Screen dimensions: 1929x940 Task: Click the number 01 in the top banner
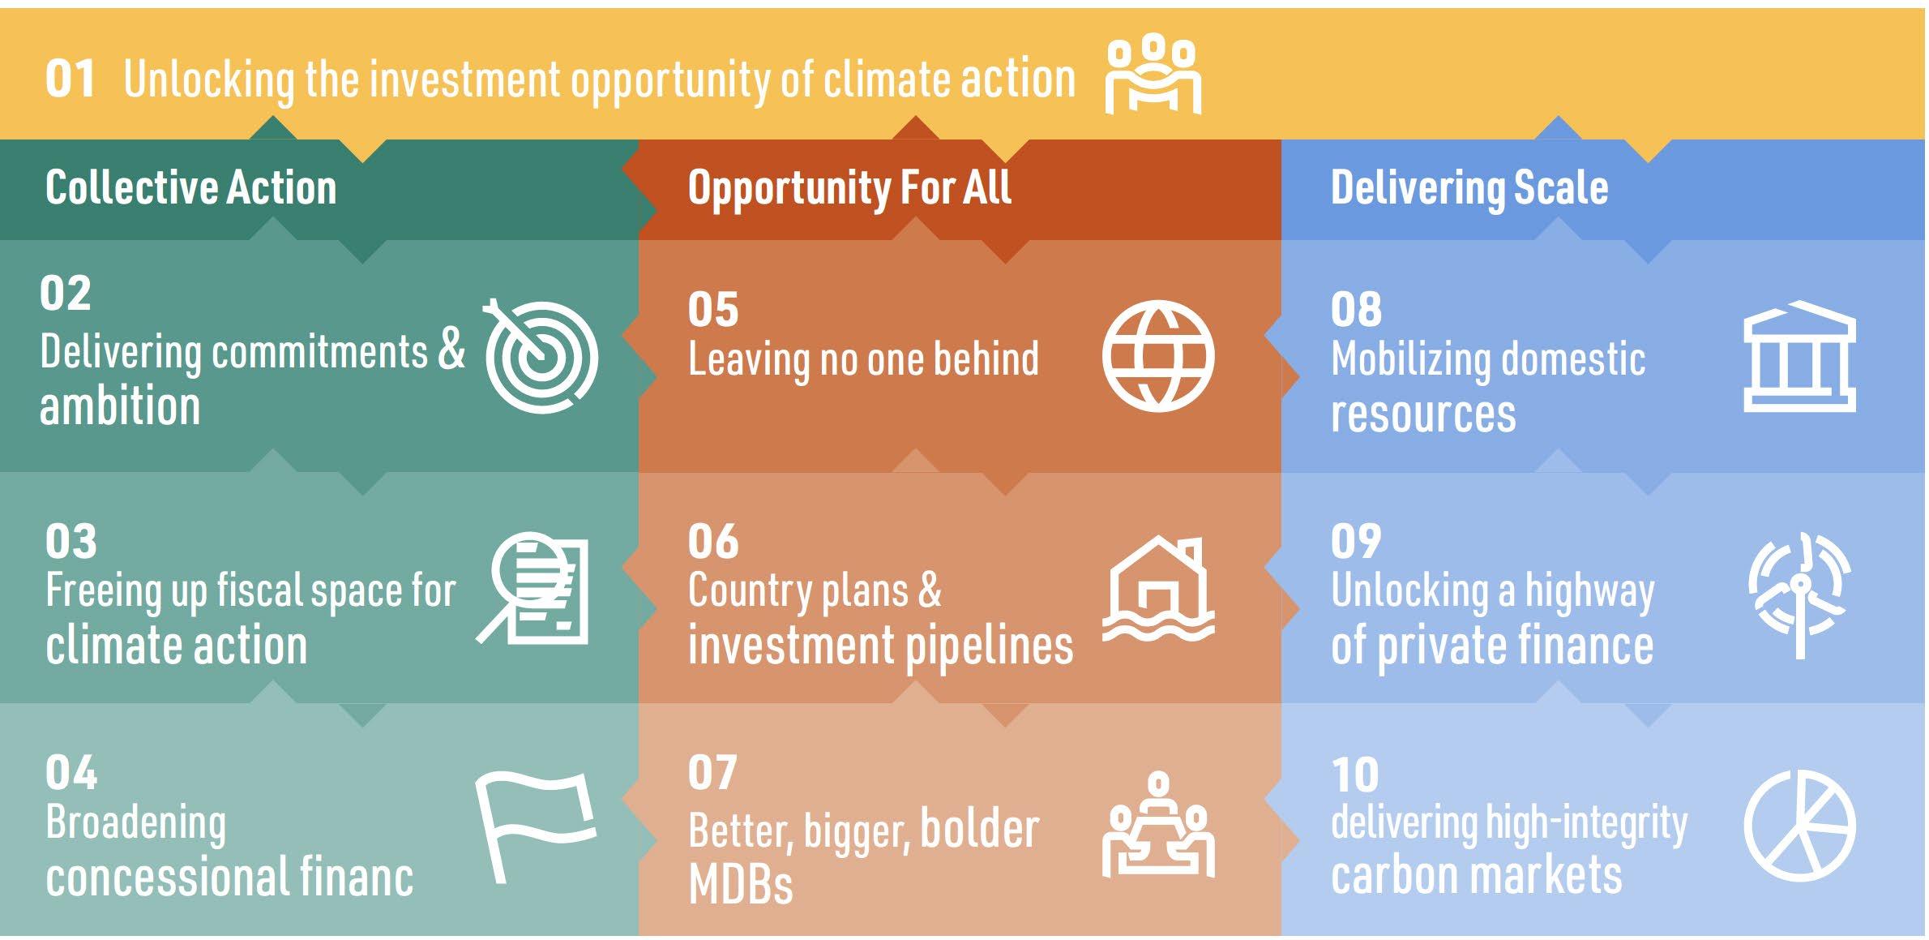pyautogui.click(x=71, y=79)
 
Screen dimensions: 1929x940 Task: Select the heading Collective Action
pyautogui.click(x=190, y=187)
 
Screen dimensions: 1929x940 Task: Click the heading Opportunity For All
pyautogui.click(x=849, y=189)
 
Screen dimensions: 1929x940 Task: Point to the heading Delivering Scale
pyautogui.click(x=1469, y=189)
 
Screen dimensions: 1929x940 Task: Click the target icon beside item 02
pyautogui.click(x=541, y=357)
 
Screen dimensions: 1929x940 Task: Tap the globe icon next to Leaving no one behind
pyautogui.click(x=1158, y=356)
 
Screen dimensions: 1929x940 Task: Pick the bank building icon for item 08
pyautogui.click(x=1799, y=356)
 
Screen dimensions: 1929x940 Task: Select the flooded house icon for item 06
pyautogui.click(x=1158, y=588)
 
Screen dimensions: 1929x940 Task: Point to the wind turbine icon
pyautogui.click(x=1799, y=594)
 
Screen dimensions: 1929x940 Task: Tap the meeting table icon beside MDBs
pyautogui.click(x=1158, y=825)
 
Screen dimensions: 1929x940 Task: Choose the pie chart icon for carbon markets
pyautogui.click(x=1799, y=826)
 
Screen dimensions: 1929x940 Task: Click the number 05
pyautogui.click(x=713, y=310)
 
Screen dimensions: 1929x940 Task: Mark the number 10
pyautogui.click(x=1355, y=775)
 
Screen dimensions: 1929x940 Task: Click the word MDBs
pyautogui.click(x=740, y=883)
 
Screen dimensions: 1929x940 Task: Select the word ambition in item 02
pyautogui.click(x=120, y=406)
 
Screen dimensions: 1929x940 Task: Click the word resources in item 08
pyautogui.click(x=1423, y=414)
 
